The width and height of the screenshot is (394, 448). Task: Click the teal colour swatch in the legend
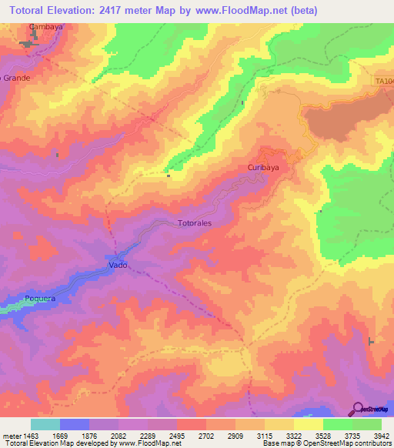(x=45, y=424)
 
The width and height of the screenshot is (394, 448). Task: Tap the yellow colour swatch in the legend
(x=309, y=424)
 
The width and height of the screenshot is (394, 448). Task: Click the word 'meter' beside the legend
(x=11, y=436)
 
